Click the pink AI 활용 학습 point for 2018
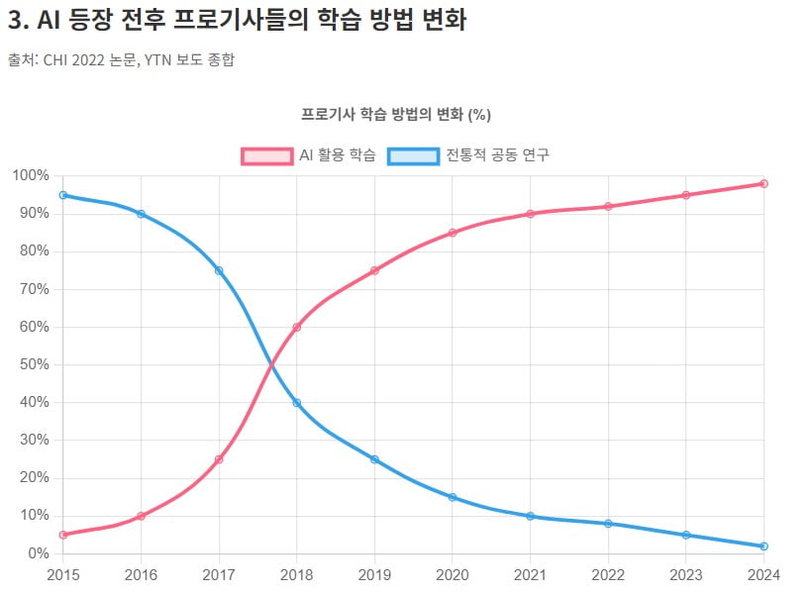pos(297,327)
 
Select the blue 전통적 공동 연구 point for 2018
pos(297,403)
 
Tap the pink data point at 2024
pos(764,183)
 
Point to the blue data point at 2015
pos(63,195)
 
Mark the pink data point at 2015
pos(63,535)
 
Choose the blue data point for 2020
pos(453,497)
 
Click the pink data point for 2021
pos(531,214)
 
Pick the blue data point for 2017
pos(219,270)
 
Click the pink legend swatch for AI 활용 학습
pos(267,155)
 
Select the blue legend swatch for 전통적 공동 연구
pos(413,155)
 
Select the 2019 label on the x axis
pos(374,574)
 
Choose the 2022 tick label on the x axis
pos(608,574)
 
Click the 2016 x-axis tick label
pos(141,574)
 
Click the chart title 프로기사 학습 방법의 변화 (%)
pos(396,114)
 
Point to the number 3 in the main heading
pos(14,19)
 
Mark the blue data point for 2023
pos(686,535)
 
